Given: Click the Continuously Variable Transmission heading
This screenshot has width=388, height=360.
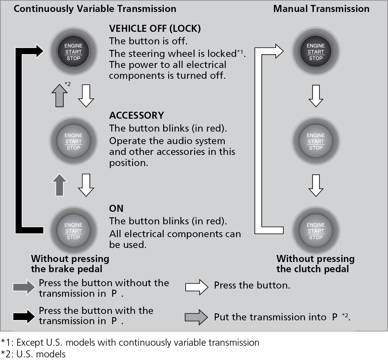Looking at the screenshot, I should (95, 9).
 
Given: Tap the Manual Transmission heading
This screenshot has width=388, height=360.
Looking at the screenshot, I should (321, 9).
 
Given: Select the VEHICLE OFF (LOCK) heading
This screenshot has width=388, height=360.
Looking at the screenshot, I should (155, 29).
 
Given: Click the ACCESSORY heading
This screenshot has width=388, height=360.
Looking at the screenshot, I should (136, 116).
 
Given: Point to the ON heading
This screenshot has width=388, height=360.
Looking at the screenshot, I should (116, 208).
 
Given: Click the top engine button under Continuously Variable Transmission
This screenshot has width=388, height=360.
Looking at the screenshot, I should (73, 52).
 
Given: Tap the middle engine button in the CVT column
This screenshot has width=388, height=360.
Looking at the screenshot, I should (73, 141).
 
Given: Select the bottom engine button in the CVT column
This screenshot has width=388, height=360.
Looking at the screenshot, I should (73, 231).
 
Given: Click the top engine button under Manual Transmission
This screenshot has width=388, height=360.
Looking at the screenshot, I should (316, 52).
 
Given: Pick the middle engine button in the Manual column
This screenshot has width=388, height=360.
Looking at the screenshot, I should (316, 141).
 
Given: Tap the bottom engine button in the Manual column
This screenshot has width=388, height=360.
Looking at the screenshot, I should (316, 231).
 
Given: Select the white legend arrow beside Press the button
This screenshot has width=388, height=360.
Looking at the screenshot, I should (197, 287).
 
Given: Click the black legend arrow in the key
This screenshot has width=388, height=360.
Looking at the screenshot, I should (24, 316).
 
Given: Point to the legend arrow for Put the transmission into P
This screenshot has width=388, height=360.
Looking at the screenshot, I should (196, 317).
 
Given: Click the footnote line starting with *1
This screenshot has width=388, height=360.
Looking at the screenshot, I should (130, 342).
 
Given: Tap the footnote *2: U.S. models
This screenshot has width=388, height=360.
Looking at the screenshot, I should (33, 354).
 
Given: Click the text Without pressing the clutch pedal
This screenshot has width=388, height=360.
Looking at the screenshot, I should (315, 264).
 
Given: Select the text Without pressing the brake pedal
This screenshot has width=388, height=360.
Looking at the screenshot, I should (70, 264).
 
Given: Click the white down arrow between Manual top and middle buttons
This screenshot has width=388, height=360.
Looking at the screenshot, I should (316, 96).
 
